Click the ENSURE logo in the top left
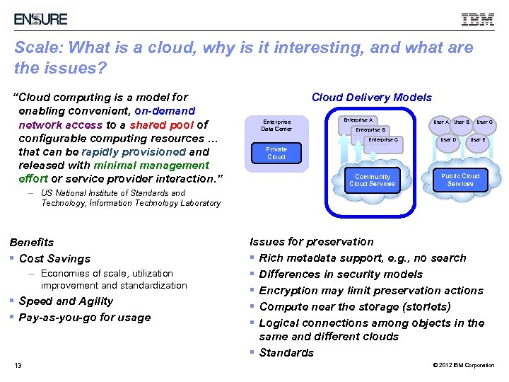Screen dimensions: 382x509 point(41,19)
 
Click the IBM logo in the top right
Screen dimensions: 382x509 point(478,20)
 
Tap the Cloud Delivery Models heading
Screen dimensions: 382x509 point(371,98)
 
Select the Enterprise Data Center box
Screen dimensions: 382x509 point(276,125)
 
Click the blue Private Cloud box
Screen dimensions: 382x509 point(276,153)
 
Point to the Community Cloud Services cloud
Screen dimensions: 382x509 point(372,180)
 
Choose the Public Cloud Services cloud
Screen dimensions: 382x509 point(460,180)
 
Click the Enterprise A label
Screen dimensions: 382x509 point(358,120)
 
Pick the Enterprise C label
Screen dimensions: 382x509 point(383,139)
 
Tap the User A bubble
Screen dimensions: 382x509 point(440,122)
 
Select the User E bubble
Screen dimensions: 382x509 point(478,139)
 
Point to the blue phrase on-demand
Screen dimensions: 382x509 point(164,111)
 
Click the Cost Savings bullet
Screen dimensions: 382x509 point(54,259)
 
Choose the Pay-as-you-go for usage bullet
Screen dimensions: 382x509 point(85,318)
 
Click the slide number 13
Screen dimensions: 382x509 point(18,365)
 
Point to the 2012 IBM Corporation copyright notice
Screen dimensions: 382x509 point(463,365)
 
